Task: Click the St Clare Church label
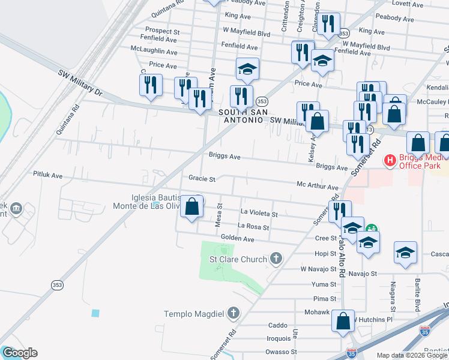[x=238, y=259]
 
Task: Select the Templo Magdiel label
[x=194, y=314]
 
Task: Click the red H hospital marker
[x=390, y=160]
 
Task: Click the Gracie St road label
[x=202, y=178]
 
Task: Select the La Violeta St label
[x=259, y=213]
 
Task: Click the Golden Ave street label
[x=238, y=238]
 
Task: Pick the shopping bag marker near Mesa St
[x=191, y=208]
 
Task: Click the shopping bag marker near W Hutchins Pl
[x=343, y=320]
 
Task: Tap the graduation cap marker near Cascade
[x=405, y=252]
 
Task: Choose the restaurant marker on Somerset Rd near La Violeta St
[x=339, y=211]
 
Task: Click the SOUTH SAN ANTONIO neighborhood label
[x=240, y=116]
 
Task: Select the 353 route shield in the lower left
[x=57, y=284]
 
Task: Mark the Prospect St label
[x=163, y=31]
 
